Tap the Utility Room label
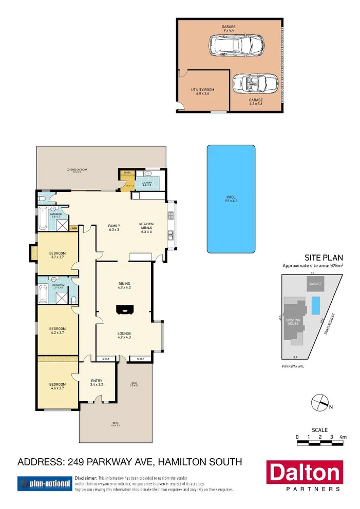[202, 92]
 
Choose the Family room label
[113, 228]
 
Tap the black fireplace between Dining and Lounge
[125, 309]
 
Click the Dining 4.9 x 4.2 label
[125, 285]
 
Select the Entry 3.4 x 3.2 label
[97, 382]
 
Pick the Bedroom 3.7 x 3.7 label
[57, 255]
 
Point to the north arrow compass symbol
[320, 402]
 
